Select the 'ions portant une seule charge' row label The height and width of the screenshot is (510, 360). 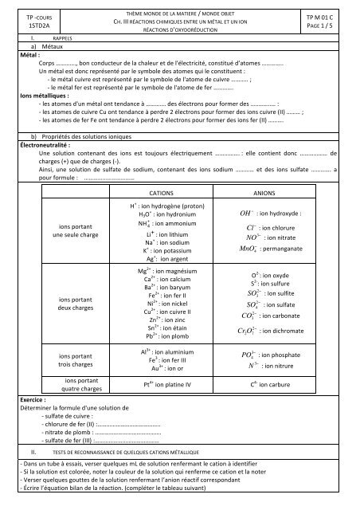(x=73, y=230)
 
